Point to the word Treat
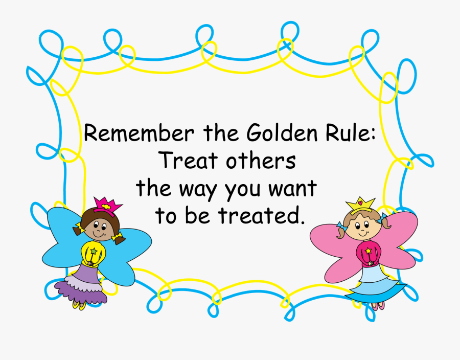tap(187, 161)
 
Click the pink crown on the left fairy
tap(107, 205)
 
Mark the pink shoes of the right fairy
tap(378, 306)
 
